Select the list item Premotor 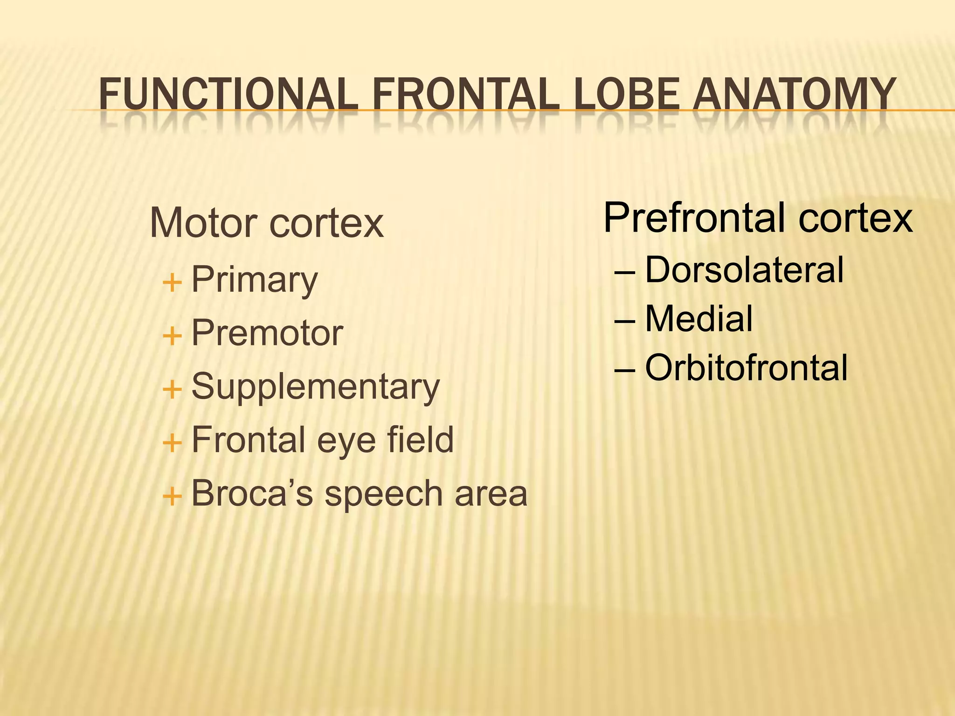[x=267, y=333]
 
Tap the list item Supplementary [x=315, y=387]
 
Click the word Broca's [x=252, y=493]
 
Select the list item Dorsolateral [x=744, y=270]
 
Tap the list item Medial [x=699, y=319]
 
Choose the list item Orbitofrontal [x=746, y=368]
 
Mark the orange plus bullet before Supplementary [x=172, y=389]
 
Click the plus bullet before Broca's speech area [x=172, y=496]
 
